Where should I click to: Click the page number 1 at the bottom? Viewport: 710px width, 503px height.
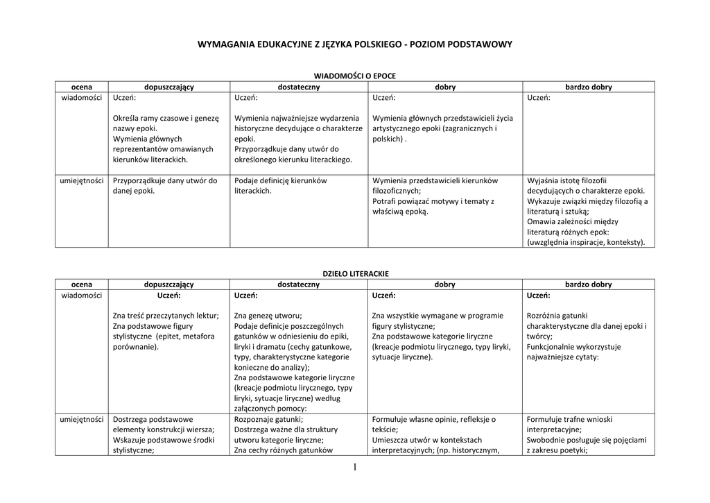pos(354,468)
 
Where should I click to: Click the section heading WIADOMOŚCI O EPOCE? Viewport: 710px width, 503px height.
pos(354,76)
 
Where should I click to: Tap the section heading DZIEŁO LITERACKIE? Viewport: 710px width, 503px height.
pos(354,273)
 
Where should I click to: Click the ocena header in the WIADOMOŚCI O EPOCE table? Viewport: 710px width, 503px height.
pos(82,87)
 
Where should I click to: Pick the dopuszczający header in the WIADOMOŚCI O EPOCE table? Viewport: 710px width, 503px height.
pos(168,87)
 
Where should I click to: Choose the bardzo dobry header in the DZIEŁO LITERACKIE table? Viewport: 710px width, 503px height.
pos(589,284)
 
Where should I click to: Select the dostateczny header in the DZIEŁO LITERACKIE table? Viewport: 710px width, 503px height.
pos(298,284)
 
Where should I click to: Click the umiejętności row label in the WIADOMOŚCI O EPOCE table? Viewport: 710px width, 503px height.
pos(82,180)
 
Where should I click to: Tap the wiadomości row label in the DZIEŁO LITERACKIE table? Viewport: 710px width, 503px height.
pos(82,295)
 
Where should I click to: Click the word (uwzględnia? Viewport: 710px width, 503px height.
pos(552,243)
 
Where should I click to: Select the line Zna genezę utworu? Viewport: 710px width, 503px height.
pos(268,316)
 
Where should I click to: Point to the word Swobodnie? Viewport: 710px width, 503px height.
pos(548,440)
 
